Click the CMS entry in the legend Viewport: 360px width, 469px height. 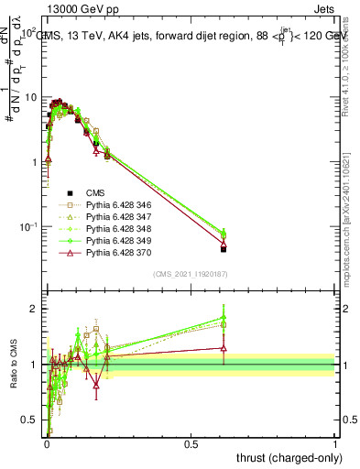pyautogui.click(x=96, y=193)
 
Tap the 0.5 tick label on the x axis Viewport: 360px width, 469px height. pyautogui.click(x=191, y=443)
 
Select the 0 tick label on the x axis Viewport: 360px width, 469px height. pyautogui.click(x=47, y=443)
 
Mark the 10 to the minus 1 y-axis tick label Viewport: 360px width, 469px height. pyautogui.click(x=29, y=226)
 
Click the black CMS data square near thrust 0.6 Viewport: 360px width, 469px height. pyautogui.click(x=224, y=249)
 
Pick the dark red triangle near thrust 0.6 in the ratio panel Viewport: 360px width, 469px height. pyautogui.click(x=224, y=347)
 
